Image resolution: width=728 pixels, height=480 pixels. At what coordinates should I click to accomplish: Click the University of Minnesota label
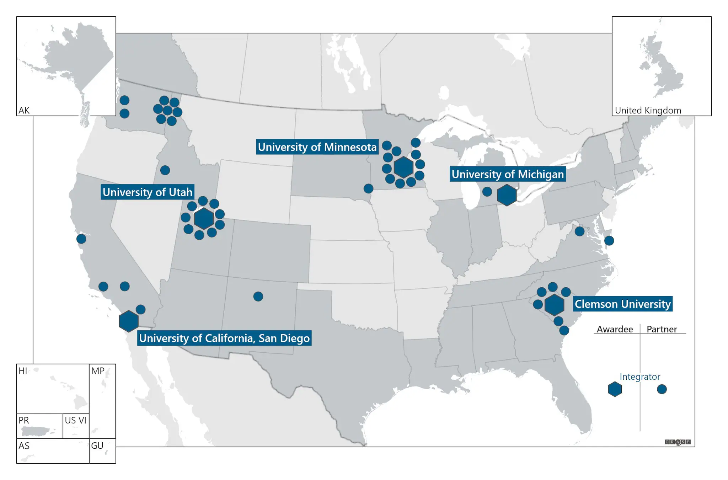[317, 147]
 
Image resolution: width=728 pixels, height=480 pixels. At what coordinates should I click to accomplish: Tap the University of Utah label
[147, 192]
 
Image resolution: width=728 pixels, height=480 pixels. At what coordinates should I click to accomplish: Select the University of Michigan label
[507, 174]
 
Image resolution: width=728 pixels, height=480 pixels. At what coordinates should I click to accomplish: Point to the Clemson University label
[622, 304]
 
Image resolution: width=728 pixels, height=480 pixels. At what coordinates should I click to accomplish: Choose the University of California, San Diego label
[224, 338]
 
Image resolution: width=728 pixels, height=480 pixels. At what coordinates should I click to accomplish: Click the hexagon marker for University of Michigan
[507, 195]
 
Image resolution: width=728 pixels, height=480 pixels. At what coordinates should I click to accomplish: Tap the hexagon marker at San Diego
[129, 321]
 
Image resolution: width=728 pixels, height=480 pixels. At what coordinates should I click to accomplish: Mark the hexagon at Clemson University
[554, 305]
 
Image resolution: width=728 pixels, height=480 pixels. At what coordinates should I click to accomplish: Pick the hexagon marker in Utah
[204, 218]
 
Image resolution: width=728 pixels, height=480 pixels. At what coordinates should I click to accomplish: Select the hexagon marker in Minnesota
[403, 167]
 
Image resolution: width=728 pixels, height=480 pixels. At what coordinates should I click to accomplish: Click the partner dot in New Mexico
[258, 296]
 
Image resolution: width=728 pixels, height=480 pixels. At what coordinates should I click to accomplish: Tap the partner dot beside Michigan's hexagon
[487, 192]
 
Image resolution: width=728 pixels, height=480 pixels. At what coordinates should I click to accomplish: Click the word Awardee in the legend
[615, 329]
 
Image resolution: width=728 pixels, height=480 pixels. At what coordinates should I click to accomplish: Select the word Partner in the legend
[662, 329]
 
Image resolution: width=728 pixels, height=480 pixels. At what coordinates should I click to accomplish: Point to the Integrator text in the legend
[640, 377]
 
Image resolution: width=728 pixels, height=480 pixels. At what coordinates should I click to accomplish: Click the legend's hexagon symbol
[615, 389]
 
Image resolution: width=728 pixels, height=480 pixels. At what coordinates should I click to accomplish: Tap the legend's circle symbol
[662, 389]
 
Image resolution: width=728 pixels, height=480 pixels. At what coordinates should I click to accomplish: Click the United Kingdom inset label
[648, 111]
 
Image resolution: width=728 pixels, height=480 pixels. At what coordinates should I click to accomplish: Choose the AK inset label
[24, 111]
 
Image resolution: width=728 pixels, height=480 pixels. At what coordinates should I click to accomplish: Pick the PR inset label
[24, 420]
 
